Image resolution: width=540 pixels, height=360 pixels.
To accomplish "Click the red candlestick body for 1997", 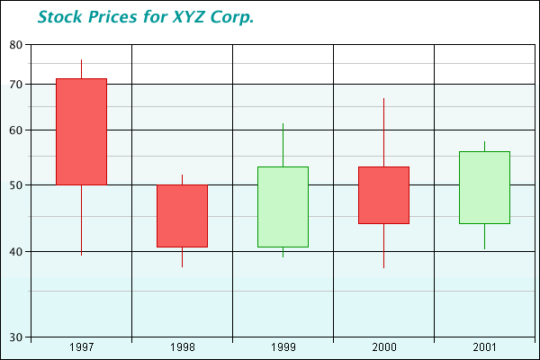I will (81, 131).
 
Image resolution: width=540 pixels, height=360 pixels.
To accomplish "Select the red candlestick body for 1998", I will (182, 216).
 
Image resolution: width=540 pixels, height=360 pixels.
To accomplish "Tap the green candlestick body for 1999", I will (283, 207).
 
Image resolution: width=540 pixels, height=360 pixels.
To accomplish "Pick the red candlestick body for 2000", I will (383, 195).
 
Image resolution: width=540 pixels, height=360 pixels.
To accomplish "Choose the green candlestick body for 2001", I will (484, 187).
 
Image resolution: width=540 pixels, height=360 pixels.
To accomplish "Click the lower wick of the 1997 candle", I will (81, 220).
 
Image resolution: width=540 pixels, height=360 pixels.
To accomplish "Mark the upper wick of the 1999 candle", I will (283, 145).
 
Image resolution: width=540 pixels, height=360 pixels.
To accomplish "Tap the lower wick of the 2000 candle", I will (383, 246).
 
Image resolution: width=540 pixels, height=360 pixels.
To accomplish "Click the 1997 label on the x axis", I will (81, 347).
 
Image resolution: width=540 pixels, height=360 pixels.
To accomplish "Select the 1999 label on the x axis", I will (283, 347).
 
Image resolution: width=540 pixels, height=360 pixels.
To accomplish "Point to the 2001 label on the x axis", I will (484, 347).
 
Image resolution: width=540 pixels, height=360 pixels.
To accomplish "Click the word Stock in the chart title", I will (59, 17).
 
